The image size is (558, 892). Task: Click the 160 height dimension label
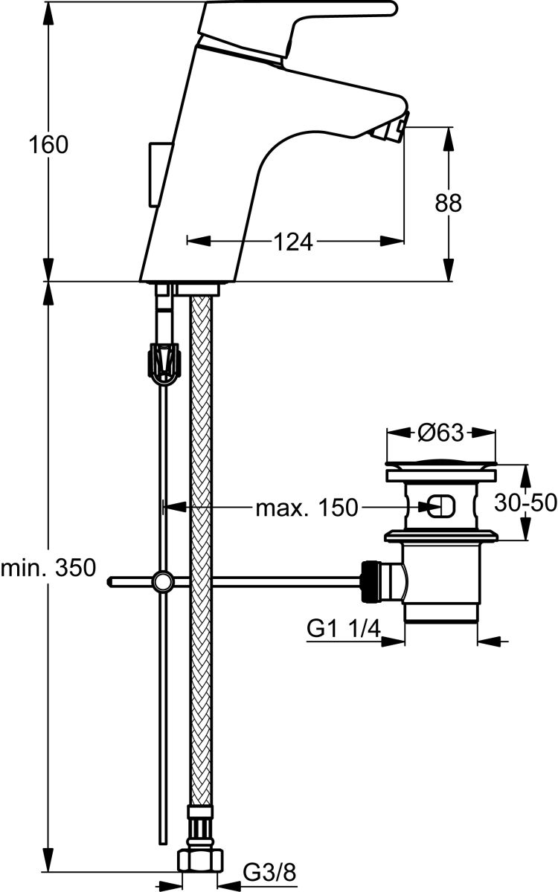tap(48, 145)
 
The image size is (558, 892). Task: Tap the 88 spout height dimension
tap(448, 203)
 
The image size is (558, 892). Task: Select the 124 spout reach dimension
tap(293, 242)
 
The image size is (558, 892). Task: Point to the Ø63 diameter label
tap(440, 432)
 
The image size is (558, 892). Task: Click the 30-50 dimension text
tap(526, 502)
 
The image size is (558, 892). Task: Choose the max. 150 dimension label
tap(307, 508)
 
